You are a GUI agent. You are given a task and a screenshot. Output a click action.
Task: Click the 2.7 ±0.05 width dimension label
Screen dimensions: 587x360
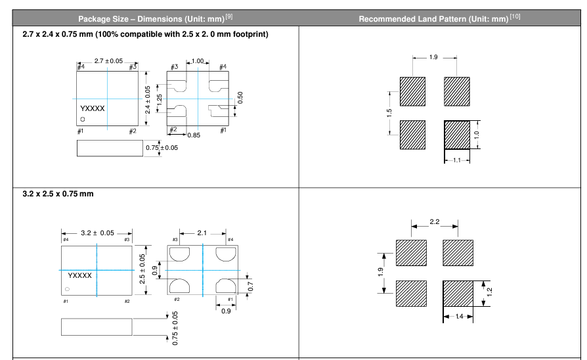(108, 60)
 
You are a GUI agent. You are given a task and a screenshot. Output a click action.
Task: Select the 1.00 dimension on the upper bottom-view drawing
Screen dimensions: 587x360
(197, 60)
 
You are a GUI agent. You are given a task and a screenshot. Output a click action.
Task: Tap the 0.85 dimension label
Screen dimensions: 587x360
(194, 135)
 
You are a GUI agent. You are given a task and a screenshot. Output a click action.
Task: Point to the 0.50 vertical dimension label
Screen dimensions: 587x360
(240, 97)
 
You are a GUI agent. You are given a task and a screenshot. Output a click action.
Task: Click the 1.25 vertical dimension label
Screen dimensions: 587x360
(160, 100)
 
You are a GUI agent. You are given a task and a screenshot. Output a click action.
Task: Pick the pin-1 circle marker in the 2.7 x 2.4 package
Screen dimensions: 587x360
(82, 119)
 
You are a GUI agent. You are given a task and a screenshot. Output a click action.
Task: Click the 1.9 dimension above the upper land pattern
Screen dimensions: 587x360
(433, 57)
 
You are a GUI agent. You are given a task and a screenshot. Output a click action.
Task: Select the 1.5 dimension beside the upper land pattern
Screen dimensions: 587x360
(389, 113)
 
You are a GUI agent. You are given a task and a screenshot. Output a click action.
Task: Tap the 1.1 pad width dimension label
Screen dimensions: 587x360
(457, 160)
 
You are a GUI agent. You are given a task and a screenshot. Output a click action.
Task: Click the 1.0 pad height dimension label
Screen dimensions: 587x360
(477, 135)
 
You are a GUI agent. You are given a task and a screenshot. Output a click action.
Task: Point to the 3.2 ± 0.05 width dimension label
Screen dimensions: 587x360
(97, 233)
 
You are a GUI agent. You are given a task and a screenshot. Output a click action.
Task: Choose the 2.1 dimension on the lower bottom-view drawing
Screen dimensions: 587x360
(202, 233)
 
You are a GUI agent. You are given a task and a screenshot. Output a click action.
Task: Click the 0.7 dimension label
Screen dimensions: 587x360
(250, 286)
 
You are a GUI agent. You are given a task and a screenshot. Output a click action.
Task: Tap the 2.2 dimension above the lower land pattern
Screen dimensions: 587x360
(434, 222)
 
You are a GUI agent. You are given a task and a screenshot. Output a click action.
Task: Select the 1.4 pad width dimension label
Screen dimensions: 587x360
(459, 317)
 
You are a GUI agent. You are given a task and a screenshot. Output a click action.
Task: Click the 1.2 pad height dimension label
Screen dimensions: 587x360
(490, 292)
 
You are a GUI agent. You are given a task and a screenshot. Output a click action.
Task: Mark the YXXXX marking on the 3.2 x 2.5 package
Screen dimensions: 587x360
(79, 275)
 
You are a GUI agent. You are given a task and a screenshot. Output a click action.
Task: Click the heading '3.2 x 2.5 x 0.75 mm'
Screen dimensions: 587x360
(58, 194)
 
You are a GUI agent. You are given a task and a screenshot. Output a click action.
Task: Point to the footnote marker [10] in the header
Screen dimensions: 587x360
(515, 16)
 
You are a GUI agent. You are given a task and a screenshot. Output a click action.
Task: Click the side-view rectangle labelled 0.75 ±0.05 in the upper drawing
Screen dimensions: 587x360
(110, 148)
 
